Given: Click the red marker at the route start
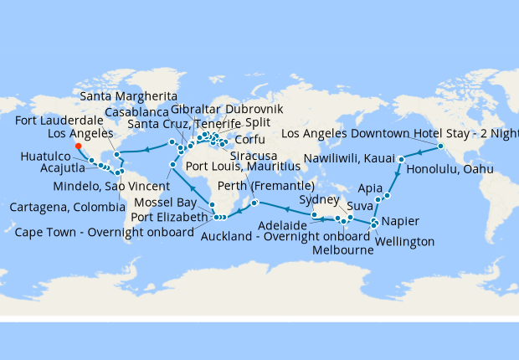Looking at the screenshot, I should point(78,145).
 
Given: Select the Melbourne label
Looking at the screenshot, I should point(343,250).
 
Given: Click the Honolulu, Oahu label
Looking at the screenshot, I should point(450,170).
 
